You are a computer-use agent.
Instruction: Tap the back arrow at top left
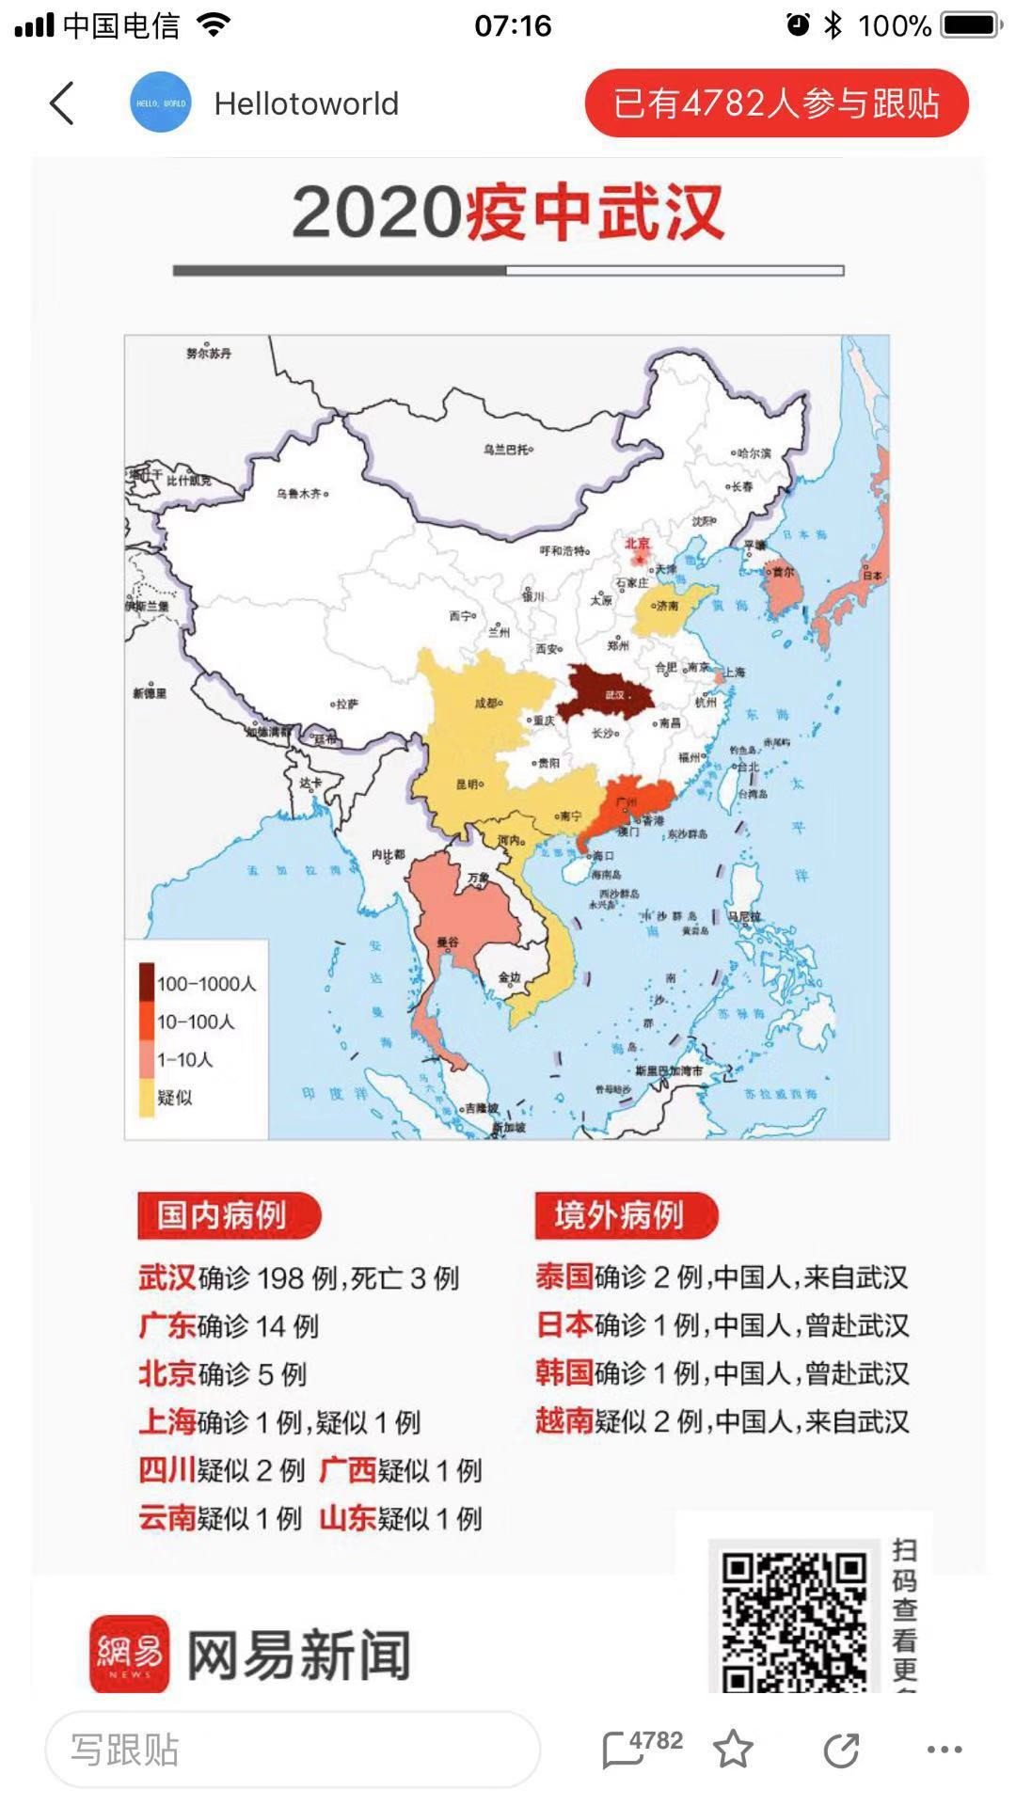[x=62, y=103]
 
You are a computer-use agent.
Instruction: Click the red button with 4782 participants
[x=776, y=103]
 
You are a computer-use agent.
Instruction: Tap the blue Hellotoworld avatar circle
[x=160, y=103]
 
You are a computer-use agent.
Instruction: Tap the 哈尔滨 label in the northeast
[x=753, y=453]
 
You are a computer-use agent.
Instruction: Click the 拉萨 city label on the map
[x=346, y=704]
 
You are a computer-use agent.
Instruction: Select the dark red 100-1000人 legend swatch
[x=147, y=983]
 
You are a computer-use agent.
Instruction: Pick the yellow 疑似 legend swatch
[x=147, y=1098]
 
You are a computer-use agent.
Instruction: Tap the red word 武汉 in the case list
[x=167, y=1277]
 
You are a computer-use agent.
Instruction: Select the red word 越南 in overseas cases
[x=564, y=1420]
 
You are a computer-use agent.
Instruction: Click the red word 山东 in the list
[x=348, y=1517]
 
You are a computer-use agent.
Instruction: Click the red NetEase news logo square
[x=130, y=1654]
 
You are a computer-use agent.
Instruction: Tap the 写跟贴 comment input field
[x=292, y=1750]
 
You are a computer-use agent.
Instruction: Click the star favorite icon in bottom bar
[x=733, y=1750]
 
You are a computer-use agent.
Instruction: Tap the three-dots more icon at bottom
[x=944, y=1750]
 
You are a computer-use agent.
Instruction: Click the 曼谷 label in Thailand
[x=448, y=942]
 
